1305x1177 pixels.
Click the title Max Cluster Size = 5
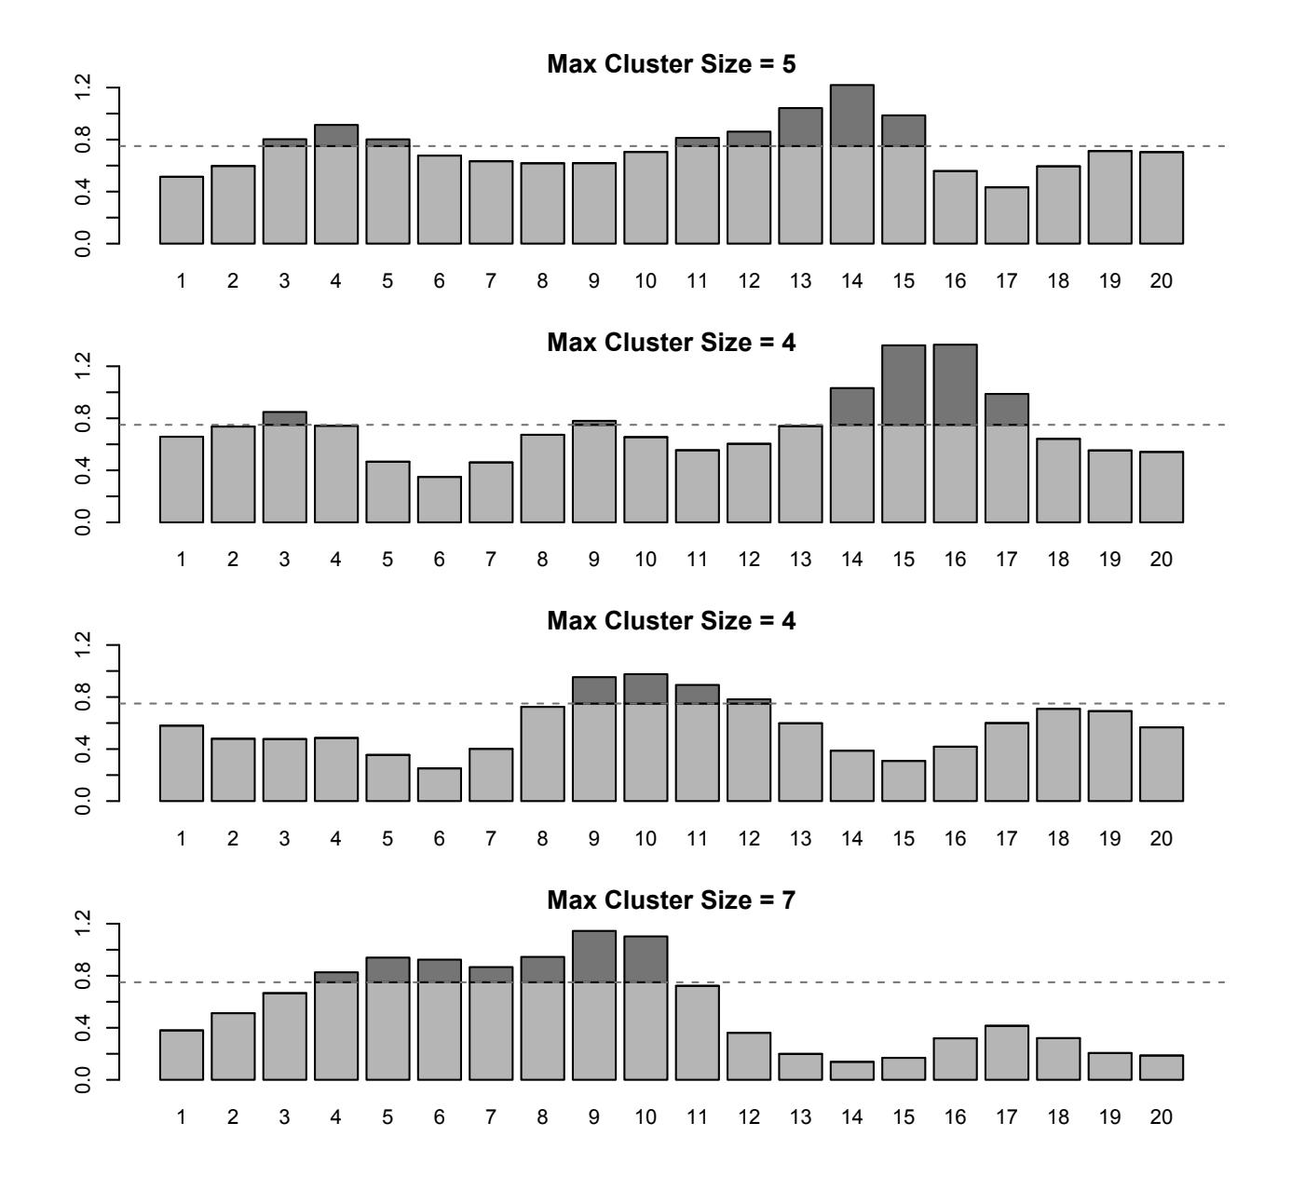pos(671,64)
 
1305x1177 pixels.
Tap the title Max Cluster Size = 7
pos(671,900)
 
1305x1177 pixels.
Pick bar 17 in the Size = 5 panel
pos(1007,216)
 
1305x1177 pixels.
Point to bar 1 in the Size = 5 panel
pos(182,210)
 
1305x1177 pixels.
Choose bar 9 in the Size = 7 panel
pos(594,1006)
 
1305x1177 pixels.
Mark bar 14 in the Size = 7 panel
pos(852,1071)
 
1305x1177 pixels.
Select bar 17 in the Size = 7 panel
pos(1007,1053)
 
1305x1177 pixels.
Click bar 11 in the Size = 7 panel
pos(698,1033)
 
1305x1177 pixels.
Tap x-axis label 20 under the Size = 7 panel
pos(1161,1116)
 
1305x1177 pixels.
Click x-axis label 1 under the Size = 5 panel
pos(182,280)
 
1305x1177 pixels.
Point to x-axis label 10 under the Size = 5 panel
pos(646,280)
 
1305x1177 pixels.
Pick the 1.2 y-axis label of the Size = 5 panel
pos(86,88)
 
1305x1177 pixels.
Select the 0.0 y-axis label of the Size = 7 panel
pos(86,1080)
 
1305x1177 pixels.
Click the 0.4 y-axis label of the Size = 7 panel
pos(86,1028)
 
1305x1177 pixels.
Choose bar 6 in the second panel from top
pos(440,500)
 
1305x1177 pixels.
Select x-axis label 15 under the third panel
pos(904,838)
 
